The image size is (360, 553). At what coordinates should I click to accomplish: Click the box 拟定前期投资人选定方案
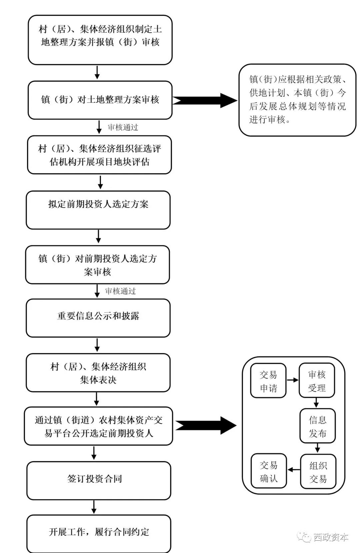click(98, 210)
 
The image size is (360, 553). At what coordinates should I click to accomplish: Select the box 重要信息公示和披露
click(98, 318)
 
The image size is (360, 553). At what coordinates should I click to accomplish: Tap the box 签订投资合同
click(99, 480)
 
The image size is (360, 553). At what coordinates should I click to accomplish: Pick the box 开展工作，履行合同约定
click(99, 533)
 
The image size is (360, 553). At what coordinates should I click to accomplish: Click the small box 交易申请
click(268, 381)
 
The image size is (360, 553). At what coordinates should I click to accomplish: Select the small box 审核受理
click(317, 381)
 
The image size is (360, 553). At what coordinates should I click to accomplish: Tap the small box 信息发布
click(317, 426)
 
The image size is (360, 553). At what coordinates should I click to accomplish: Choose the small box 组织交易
click(318, 471)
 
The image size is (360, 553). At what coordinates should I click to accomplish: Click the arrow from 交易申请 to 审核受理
click(292, 380)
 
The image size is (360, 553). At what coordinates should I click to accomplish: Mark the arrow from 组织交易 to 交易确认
click(294, 470)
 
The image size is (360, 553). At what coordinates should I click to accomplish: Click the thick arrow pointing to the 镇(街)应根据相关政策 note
click(205, 100)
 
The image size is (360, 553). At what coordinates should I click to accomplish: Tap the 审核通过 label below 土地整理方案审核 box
click(123, 127)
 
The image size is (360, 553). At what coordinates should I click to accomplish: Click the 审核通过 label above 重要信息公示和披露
click(120, 291)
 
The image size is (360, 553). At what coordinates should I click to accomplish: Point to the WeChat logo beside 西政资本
click(304, 537)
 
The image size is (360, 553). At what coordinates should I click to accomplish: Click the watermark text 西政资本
click(331, 537)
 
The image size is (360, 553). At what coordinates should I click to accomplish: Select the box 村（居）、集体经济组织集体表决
click(98, 373)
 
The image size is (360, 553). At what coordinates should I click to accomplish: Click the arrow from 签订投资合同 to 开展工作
click(94, 507)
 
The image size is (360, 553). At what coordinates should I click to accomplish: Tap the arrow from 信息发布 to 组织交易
click(317, 448)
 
